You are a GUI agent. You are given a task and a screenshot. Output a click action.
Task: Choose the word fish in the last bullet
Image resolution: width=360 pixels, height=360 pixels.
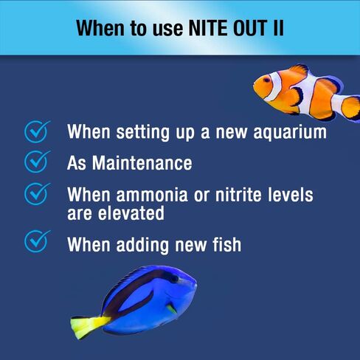[x=224, y=243]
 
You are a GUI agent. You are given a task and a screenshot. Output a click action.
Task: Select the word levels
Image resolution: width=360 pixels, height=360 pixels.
[x=288, y=195]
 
